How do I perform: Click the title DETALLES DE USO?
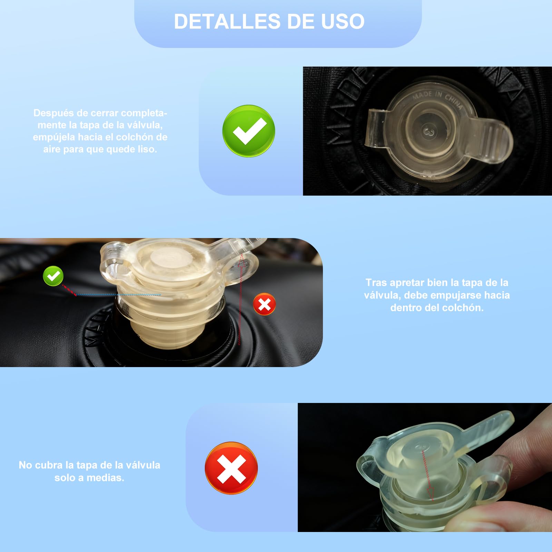tap(269, 21)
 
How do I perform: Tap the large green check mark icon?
tap(248, 131)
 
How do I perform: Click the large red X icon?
tap(231, 468)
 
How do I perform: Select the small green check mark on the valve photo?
tap(53, 276)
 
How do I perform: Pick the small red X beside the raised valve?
tap(264, 304)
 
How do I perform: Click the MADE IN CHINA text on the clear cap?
tap(437, 99)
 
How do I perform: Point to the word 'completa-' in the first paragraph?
tap(144, 113)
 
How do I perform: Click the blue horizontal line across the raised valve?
tap(118, 295)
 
